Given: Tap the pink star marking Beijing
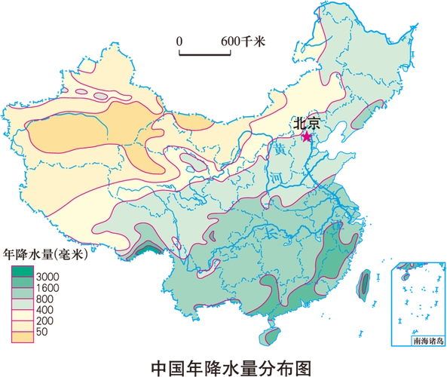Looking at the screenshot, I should (307, 136).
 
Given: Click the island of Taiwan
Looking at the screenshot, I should (360, 283).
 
